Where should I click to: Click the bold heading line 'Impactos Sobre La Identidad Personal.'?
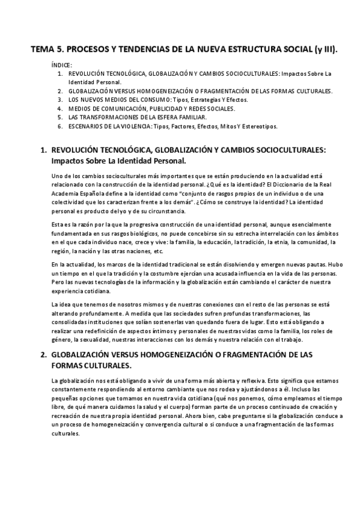click(x=118, y=161)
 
